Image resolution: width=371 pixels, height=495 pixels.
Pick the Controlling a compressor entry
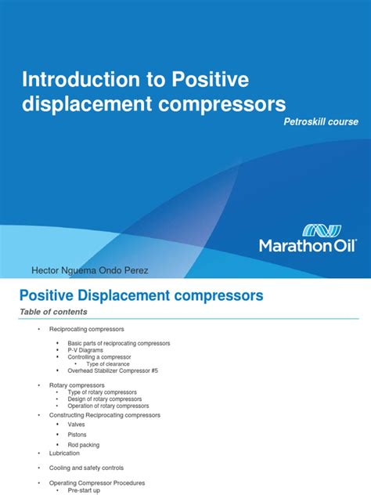(x=100, y=356)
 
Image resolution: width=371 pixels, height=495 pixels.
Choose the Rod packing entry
(x=85, y=444)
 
